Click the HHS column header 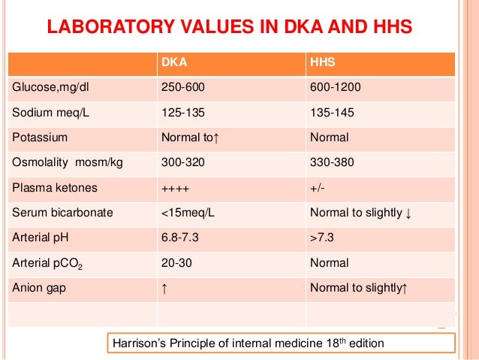[322, 64]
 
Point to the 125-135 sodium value [183, 113]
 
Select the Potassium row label [40, 138]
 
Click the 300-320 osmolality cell [183, 162]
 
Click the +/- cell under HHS [318, 188]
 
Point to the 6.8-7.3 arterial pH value [181, 237]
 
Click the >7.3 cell [321, 237]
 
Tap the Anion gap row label [38, 287]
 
